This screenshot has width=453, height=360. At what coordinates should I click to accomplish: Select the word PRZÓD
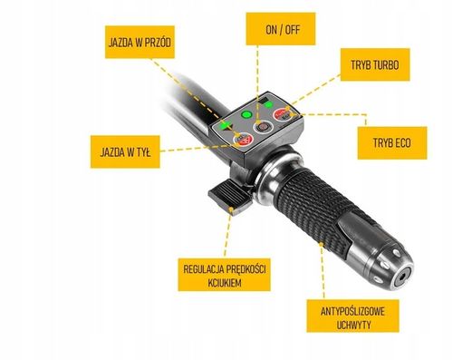pyautogui.click(x=157, y=43)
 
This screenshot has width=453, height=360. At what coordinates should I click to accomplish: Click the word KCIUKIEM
pyautogui.click(x=225, y=283)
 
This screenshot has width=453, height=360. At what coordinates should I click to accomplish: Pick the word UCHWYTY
pyautogui.click(x=353, y=325)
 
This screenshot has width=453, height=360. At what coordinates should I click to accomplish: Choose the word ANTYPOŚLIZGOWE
pyautogui.click(x=352, y=311)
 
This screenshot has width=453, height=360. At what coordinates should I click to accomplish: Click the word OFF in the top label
pyautogui.click(x=293, y=30)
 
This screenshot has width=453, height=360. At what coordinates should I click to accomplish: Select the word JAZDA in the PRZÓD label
pyautogui.click(x=120, y=43)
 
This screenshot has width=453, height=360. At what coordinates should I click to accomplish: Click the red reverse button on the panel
pyautogui.click(x=243, y=140)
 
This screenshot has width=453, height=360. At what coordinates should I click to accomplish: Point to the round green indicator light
pyautogui.click(x=246, y=115)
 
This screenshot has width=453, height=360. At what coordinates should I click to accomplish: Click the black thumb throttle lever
pyautogui.click(x=228, y=196)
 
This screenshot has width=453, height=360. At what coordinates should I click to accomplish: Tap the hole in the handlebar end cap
pyautogui.click(x=401, y=277)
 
